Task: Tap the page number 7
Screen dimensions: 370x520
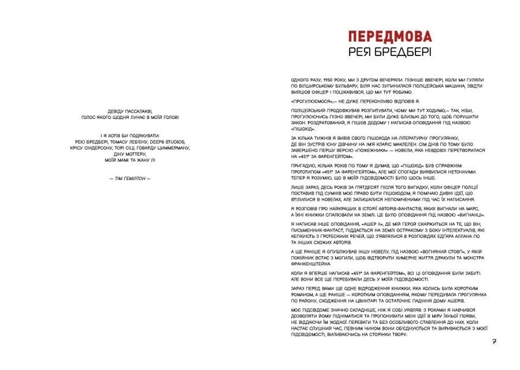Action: click(x=495, y=342)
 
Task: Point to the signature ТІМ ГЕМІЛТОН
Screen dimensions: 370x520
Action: click(x=131, y=178)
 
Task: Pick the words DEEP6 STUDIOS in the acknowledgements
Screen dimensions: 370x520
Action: click(x=170, y=140)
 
